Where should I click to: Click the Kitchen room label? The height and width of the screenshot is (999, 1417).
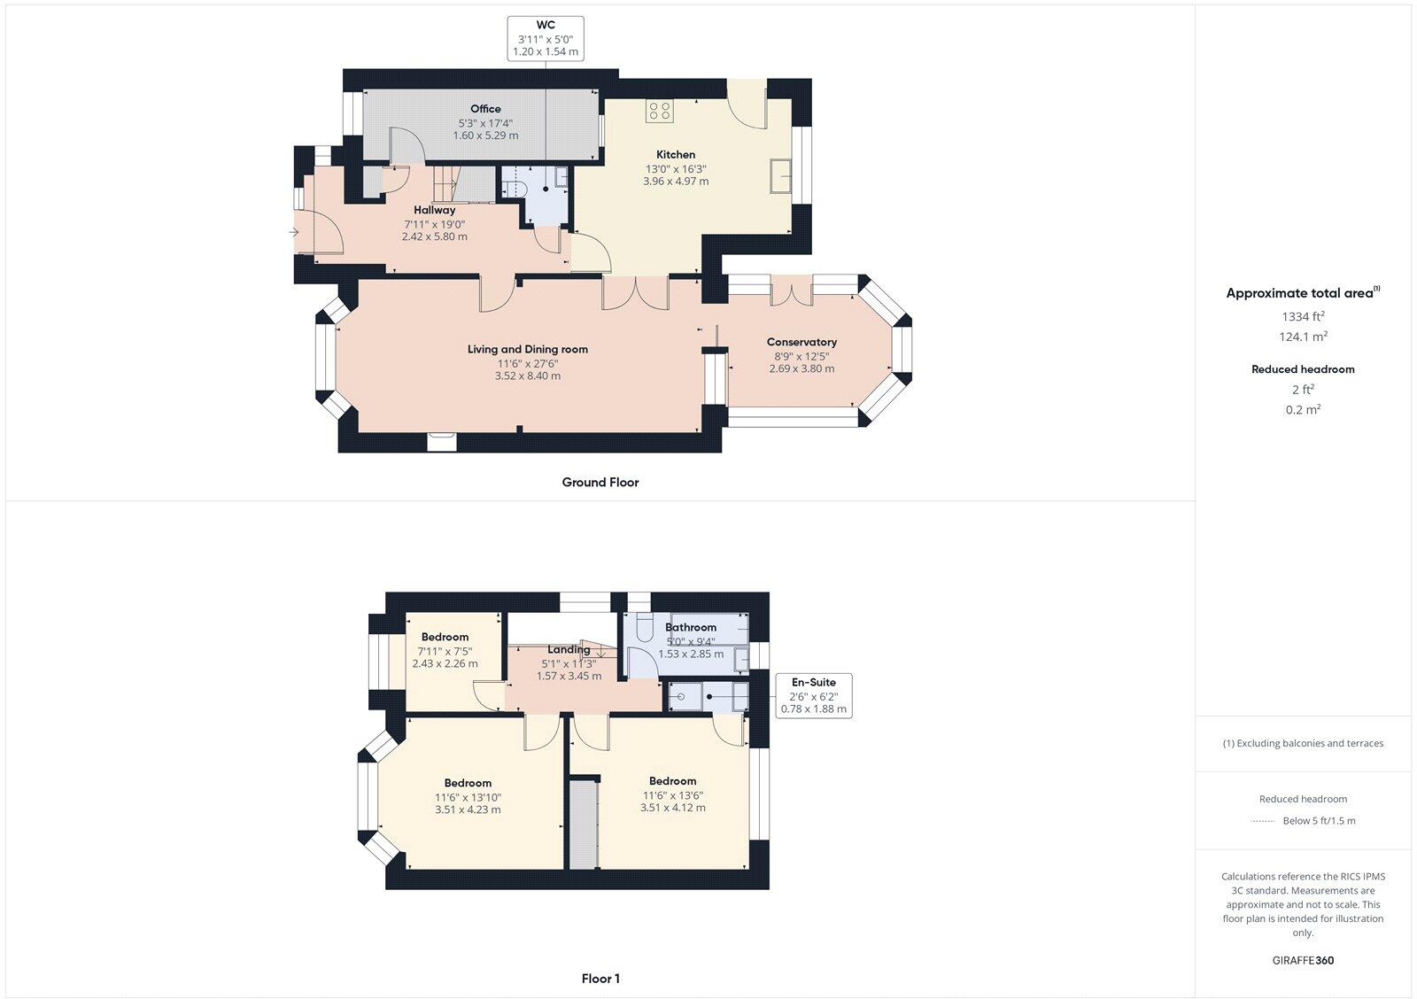[x=675, y=154]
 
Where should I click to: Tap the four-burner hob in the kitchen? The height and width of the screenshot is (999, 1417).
[x=660, y=111]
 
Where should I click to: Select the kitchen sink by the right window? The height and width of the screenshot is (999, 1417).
[x=781, y=175]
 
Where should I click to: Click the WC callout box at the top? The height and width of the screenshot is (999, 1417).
[x=546, y=38]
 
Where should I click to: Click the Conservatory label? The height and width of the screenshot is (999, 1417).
[x=801, y=342]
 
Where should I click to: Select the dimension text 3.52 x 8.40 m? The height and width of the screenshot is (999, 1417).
[x=527, y=376]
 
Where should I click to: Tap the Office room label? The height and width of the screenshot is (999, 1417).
[x=485, y=109]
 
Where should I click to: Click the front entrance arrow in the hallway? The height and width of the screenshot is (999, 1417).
[x=293, y=233]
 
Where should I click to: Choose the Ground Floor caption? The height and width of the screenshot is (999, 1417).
[x=600, y=483]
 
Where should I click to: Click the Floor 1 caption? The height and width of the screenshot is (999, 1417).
[x=600, y=979]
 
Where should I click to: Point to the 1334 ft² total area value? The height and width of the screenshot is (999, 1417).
[x=1302, y=316]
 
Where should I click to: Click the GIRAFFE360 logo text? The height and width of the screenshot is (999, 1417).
[x=1302, y=960]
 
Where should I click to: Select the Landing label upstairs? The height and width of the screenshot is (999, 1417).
[x=569, y=649]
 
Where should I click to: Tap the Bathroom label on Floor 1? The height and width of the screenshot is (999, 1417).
[x=690, y=627]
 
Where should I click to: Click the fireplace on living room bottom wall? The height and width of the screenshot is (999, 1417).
[x=441, y=440]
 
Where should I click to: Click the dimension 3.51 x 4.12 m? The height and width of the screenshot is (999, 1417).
[x=672, y=808]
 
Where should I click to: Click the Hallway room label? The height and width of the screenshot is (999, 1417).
[x=434, y=210]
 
